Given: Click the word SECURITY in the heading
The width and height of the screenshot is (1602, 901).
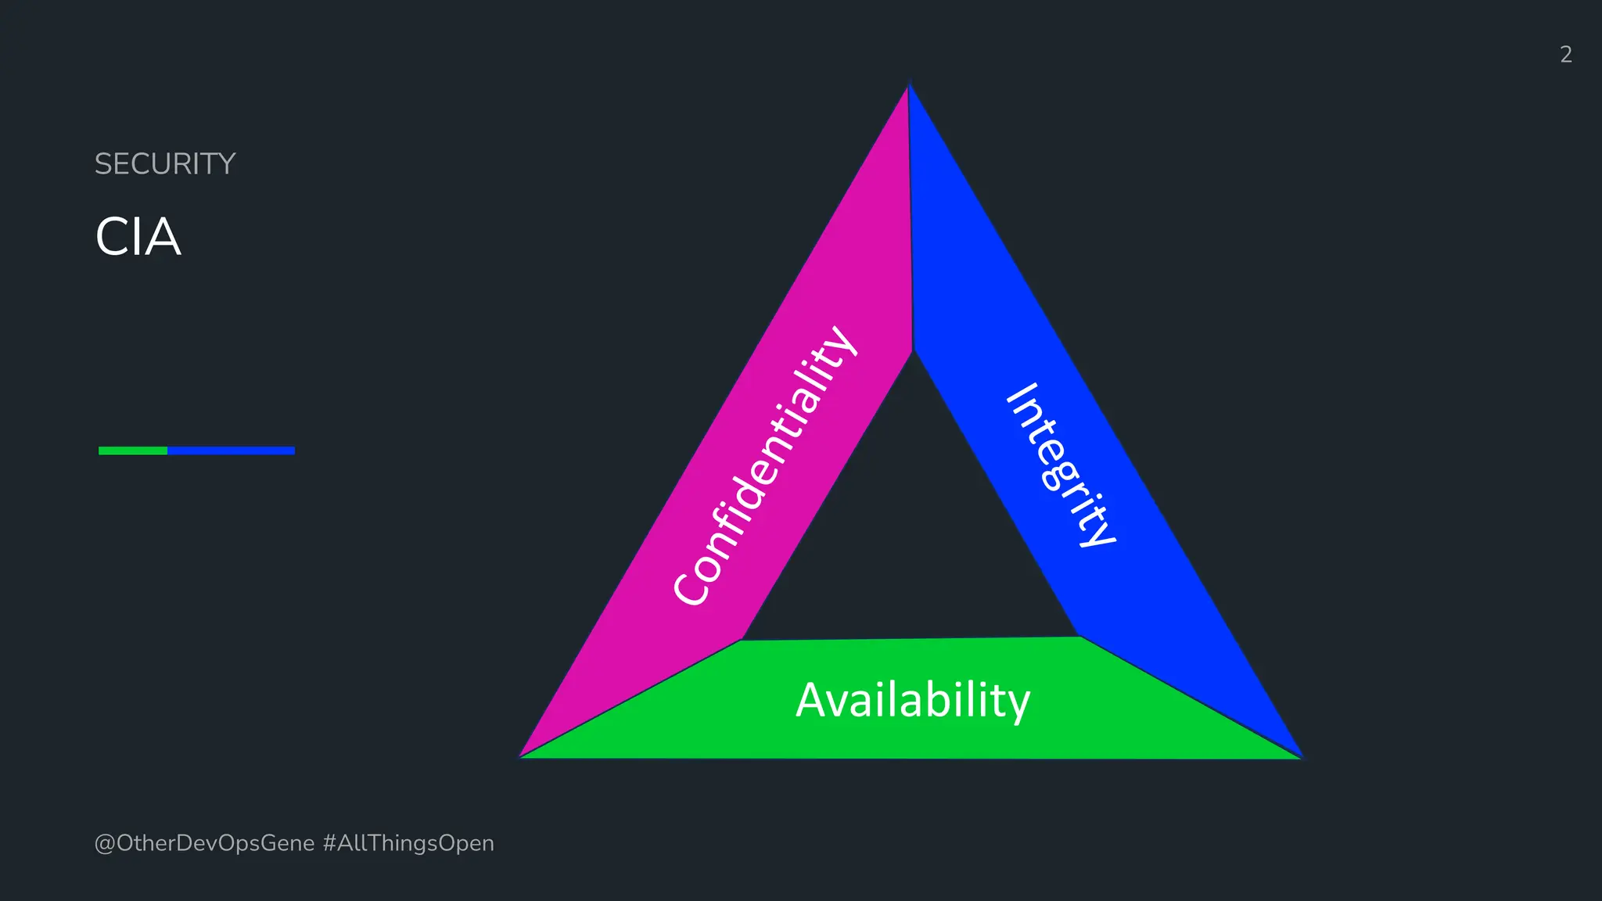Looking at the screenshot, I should pyautogui.click(x=164, y=164).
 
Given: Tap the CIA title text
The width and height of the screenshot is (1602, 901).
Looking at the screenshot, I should pyautogui.click(x=138, y=237).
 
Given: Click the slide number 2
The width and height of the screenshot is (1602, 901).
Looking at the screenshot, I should pyautogui.click(x=1565, y=54).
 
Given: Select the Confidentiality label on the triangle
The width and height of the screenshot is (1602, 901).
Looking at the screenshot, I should pyautogui.click(x=765, y=466).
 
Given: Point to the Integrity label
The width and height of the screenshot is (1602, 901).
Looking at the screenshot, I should pyautogui.click(x=1061, y=466).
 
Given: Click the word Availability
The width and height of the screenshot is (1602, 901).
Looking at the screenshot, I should pyautogui.click(x=912, y=700).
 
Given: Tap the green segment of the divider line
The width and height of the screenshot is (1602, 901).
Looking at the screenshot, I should pyautogui.click(x=133, y=450).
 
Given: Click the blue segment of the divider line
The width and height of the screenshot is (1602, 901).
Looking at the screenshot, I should pyautogui.click(x=231, y=450).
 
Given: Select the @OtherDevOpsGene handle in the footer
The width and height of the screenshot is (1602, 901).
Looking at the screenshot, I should pyautogui.click(x=204, y=843).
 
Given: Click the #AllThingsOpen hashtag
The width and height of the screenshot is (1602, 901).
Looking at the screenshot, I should pyautogui.click(x=408, y=843).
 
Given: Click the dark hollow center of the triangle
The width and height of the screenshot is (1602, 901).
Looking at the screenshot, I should pyautogui.click(x=912, y=532).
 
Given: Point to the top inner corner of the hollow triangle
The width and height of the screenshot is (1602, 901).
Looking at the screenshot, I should pyautogui.click(x=912, y=354).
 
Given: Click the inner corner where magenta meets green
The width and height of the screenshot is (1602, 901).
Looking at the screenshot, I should pyautogui.click(x=742, y=640).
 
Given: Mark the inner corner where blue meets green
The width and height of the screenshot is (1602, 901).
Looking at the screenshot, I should pyautogui.click(x=1079, y=637).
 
